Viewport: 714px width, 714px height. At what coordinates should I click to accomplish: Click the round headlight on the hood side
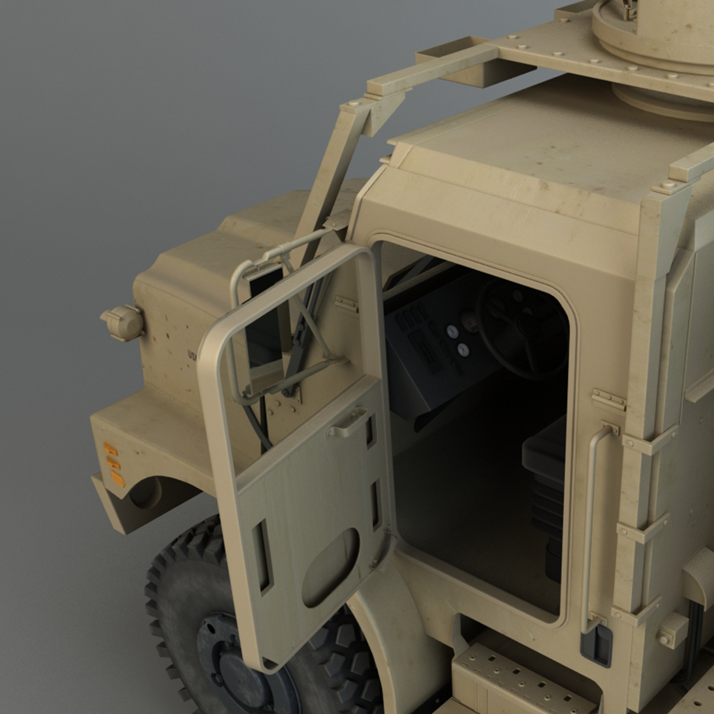[122, 322]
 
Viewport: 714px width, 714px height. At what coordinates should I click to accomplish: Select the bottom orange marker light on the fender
[117, 478]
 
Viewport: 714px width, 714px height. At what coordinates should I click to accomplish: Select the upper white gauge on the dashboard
[452, 330]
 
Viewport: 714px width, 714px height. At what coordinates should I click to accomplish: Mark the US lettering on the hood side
[192, 355]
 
